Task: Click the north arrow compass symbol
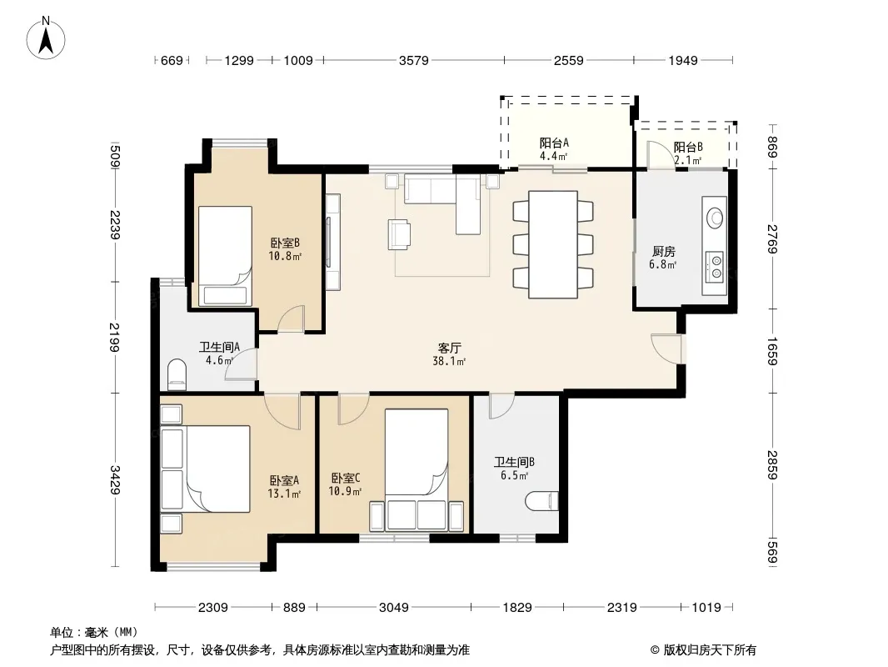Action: [x=46, y=38]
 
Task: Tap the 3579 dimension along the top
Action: [x=413, y=60]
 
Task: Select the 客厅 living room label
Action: [x=449, y=348]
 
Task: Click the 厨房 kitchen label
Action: [x=663, y=251]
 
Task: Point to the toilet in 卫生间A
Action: [x=177, y=374]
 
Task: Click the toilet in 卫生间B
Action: [x=541, y=501]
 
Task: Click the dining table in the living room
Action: [x=553, y=244]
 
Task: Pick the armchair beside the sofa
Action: [x=399, y=234]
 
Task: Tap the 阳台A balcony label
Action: [x=553, y=143]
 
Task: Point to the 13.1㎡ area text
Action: [x=284, y=494]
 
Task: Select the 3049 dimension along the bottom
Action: [x=393, y=608]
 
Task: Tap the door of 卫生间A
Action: [x=241, y=364]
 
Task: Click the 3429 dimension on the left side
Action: [x=116, y=479]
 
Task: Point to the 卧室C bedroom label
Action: [x=346, y=479]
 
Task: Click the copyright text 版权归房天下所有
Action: [x=710, y=650]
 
